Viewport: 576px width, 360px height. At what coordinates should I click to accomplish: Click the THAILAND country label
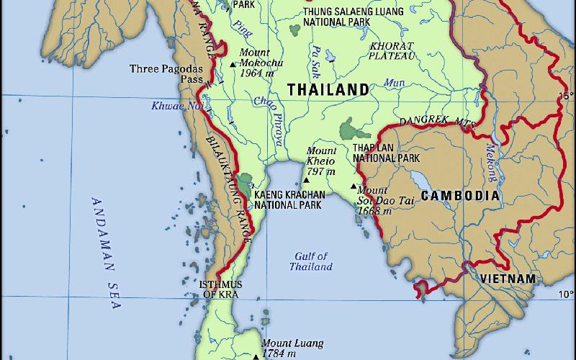[328, 89]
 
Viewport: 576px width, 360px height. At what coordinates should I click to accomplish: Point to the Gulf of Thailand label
[311, 261]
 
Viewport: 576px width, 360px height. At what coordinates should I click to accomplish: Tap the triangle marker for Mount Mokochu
[232, 64]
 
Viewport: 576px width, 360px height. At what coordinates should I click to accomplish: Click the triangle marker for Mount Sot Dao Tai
[353, 187]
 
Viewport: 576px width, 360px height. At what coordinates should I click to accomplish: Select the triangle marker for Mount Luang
[256, 356]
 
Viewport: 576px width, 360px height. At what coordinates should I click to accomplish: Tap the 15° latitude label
[566, 96]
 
